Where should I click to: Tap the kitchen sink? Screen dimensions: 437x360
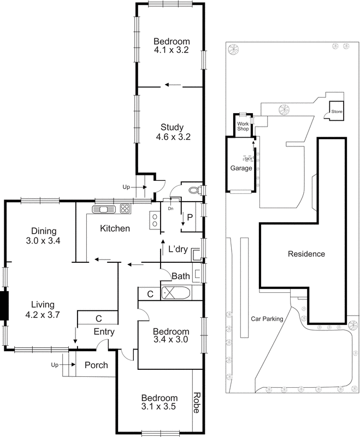[103, 209]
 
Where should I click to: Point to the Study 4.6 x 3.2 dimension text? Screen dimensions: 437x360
[172, 137]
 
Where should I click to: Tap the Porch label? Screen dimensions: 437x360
[95, 365]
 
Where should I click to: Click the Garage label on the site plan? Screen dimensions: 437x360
[241, 168]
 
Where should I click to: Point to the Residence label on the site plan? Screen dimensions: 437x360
[306, 254]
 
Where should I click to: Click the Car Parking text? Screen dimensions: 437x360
[267, 318]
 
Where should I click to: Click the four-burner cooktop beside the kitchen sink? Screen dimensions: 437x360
[124, 209]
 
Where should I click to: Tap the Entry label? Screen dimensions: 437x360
[103, 332]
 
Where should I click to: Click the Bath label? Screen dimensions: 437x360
[180, 276]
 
